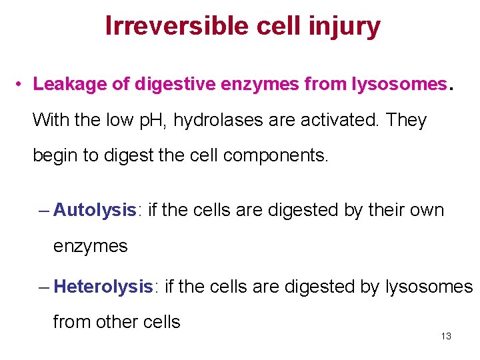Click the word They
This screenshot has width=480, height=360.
[406, 121]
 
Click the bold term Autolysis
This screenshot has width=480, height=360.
[94, 210]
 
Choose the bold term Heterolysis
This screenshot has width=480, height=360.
[103, 287]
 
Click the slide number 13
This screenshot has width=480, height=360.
[446, 336]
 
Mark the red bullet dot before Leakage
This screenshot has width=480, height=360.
[21, 85]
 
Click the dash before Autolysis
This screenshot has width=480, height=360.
[44, 211]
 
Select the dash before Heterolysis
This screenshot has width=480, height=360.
[44, 287]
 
